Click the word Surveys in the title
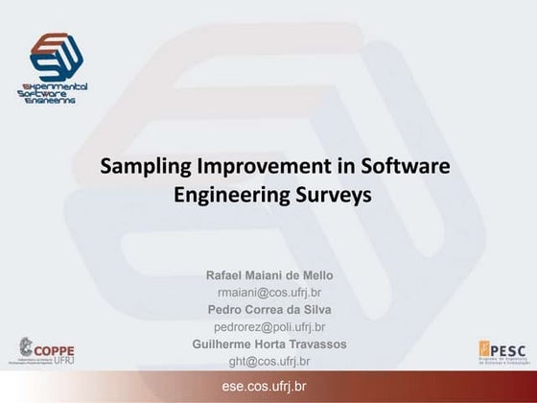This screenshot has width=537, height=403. click(322, 195)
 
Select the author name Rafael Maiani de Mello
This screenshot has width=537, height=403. click(270, 275)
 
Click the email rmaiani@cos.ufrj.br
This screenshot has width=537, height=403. click(270, 292)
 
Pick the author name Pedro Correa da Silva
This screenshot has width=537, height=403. click(270, 309)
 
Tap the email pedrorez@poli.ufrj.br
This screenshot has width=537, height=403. click(270, 326)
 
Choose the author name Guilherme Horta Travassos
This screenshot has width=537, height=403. click(270, 344)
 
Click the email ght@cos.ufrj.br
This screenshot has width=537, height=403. click(270, 361)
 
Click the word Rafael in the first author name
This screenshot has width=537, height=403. click(225, 275)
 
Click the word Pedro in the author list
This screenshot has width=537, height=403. click(224, 309)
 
